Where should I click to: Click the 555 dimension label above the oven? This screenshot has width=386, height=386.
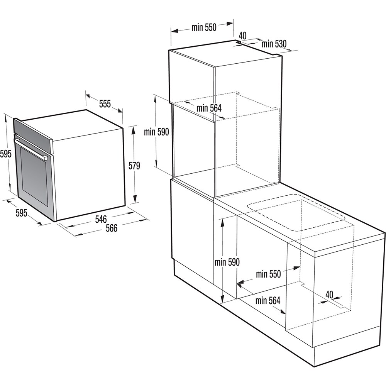(105, 103)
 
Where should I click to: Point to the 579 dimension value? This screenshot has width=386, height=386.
(134, 166)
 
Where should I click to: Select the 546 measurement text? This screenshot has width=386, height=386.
(101, 219)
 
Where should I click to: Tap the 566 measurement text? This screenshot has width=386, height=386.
(112, 228)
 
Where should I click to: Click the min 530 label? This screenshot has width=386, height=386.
(274, 44)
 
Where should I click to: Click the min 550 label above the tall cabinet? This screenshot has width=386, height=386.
(204, 27)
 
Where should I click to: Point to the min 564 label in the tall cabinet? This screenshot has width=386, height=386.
(209, 108)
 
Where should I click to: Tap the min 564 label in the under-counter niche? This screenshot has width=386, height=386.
(267, 301)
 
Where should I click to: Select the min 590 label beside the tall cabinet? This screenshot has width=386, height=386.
(156, 132)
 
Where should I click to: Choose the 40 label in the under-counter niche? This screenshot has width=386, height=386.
(329, 294)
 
